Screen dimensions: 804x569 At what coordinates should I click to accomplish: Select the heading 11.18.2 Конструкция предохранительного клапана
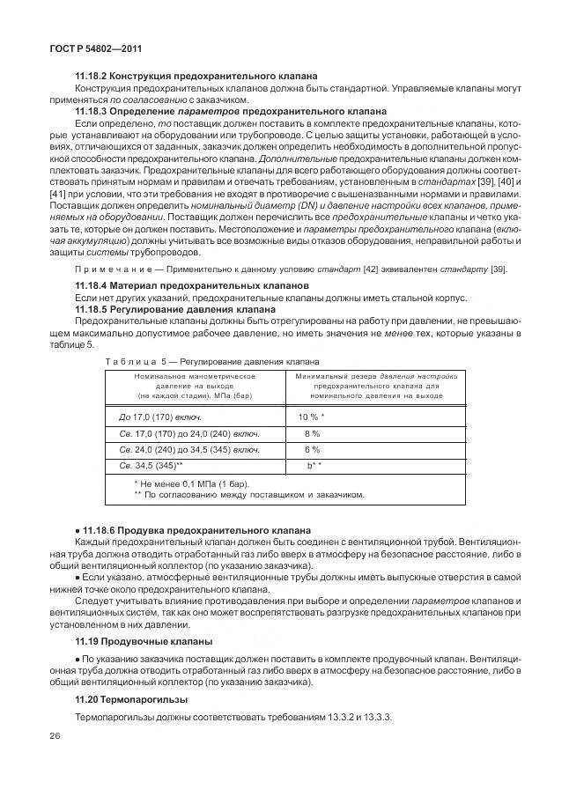(196, 77)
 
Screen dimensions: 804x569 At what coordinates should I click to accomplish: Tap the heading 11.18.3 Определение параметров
(231, 112)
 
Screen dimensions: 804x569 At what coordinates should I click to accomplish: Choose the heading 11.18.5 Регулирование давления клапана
(188, 309)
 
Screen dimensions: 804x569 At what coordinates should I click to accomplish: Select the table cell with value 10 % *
(312, 417)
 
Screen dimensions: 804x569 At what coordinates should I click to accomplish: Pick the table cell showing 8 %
(312, 433)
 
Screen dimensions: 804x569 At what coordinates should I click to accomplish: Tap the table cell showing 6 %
(312, 449)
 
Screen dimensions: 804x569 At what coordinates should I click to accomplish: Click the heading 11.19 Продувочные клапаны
(144, 640)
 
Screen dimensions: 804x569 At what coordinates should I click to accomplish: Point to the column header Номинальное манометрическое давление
(194, 385)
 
